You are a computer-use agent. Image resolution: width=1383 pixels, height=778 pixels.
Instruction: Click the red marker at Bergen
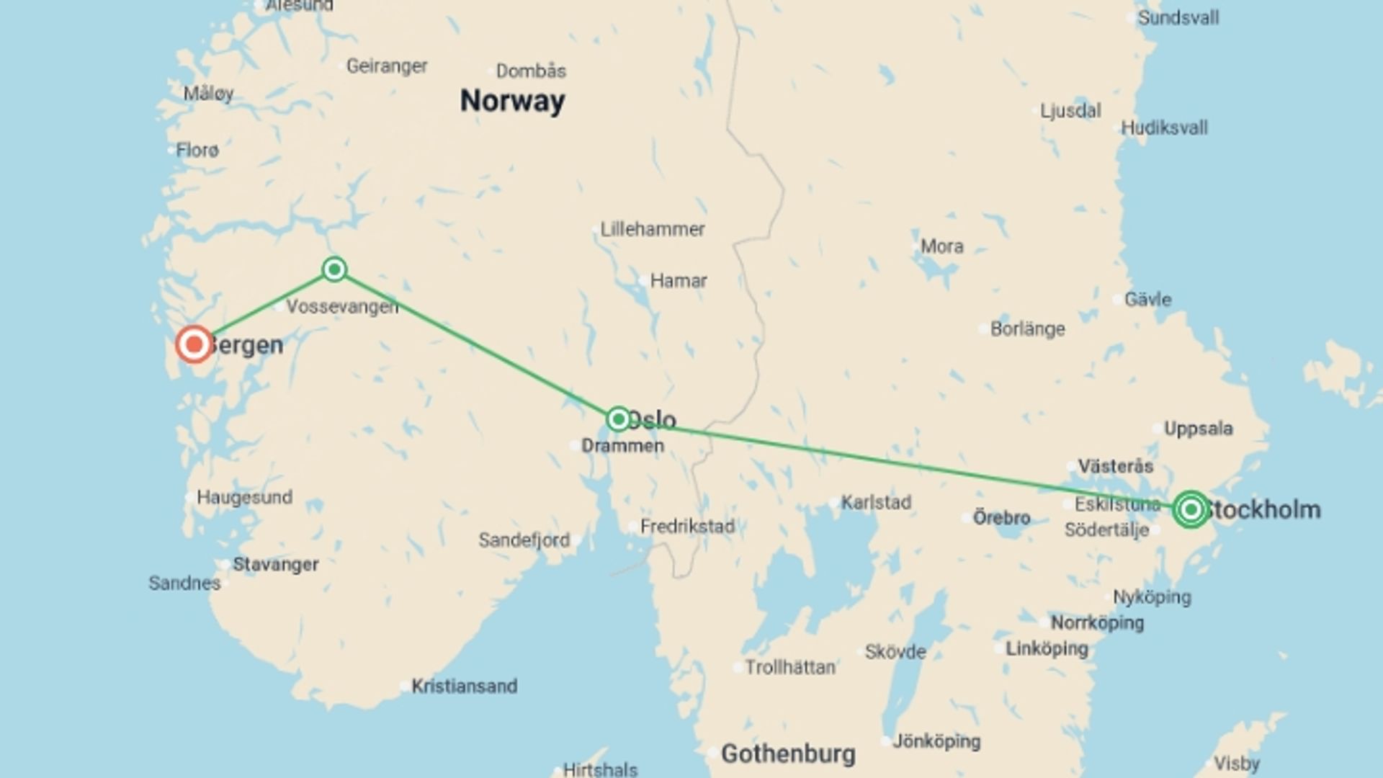[194, 344]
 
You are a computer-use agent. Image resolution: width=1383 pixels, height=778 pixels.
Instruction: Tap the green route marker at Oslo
[618, 419]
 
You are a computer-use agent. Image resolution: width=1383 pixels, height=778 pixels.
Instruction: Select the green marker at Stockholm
[1191, 509]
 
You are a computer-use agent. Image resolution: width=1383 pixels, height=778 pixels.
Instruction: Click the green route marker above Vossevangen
[334, 269]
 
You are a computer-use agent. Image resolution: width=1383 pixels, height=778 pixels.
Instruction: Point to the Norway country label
[512, 101]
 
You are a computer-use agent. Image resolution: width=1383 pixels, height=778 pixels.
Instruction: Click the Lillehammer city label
[653, 229]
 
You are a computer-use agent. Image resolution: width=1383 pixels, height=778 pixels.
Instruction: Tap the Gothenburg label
[788, 754]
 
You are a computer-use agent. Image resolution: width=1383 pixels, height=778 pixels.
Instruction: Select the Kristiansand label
[464, 686]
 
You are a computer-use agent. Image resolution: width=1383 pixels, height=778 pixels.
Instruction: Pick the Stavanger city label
[275, 564]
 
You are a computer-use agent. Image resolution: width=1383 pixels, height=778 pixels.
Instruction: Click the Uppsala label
[1199, 429]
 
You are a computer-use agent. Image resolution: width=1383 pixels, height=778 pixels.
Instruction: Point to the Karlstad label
[876, 502]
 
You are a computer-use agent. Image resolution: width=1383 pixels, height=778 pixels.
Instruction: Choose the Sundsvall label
[1178, 17]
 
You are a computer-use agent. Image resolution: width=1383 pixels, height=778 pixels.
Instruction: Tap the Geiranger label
[387, 66]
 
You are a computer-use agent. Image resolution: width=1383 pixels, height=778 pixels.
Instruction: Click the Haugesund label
[244, 497]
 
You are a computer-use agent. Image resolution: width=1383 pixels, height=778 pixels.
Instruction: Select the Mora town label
[941, 246]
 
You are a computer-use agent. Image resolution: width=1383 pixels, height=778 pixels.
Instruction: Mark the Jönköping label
[936, 741]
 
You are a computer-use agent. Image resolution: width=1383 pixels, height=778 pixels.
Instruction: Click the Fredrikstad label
[687, 527]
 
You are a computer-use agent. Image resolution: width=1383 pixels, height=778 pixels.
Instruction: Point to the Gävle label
[1147, 299]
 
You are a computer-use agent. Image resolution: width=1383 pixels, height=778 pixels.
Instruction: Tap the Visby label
[1236, 763]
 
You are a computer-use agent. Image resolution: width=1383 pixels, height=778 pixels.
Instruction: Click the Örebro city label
[1001, 517]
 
